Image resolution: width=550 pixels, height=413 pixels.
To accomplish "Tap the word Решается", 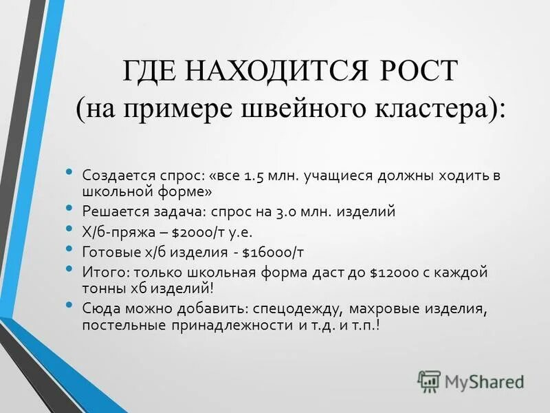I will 113,213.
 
